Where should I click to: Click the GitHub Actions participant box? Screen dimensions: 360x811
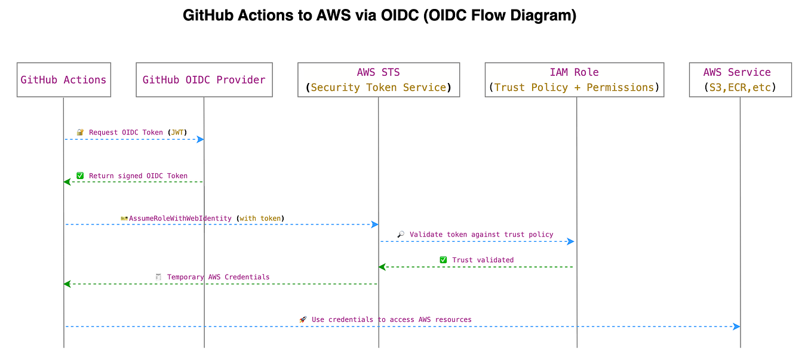[64, 80]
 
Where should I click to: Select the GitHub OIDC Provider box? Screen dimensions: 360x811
[204, 80]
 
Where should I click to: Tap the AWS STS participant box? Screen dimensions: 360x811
[379, 80]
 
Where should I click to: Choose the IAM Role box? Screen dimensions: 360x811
[574, 80]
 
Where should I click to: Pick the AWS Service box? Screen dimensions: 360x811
[740, 80]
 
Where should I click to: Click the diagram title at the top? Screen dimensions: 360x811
[379, 16]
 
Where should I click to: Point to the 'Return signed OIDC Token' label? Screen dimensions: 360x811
[138, 176]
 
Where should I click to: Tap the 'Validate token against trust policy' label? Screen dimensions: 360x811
[481, 235]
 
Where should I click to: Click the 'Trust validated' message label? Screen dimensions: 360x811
[483, 260]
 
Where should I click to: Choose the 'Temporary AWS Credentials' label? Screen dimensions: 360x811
[218, 277]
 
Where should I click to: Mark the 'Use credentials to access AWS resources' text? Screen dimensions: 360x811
[391, 319]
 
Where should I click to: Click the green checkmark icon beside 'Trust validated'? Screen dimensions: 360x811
[443, 260]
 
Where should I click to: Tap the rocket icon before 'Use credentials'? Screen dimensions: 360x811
[303, 319]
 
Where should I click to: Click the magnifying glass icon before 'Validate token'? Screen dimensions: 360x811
[401, 235]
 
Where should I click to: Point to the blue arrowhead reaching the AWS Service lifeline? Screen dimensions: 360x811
[736, 327]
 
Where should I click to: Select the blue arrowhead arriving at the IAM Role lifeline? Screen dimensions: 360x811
[570, 241]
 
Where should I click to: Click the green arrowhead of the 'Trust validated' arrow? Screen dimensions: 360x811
[382, 267]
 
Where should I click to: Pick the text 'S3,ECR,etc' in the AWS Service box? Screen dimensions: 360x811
[740, 88]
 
